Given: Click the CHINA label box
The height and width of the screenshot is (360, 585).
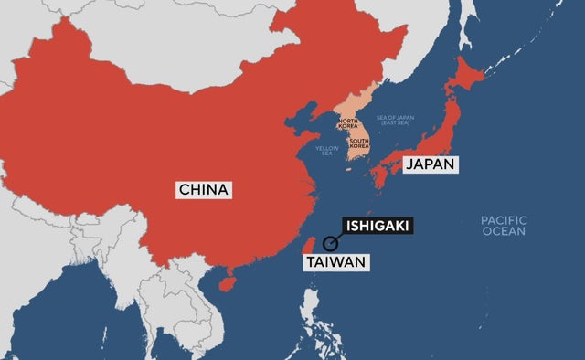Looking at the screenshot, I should [205, 190].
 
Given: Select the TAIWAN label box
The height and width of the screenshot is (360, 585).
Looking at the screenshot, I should [335, 262].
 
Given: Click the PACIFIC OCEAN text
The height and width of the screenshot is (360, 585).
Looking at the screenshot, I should [504, 225].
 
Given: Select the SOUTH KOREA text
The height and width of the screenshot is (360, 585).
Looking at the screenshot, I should [358, 143].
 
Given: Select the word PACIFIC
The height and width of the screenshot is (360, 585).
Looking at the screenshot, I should [504, 219].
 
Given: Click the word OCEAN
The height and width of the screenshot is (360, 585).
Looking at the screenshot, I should [505, 231].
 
